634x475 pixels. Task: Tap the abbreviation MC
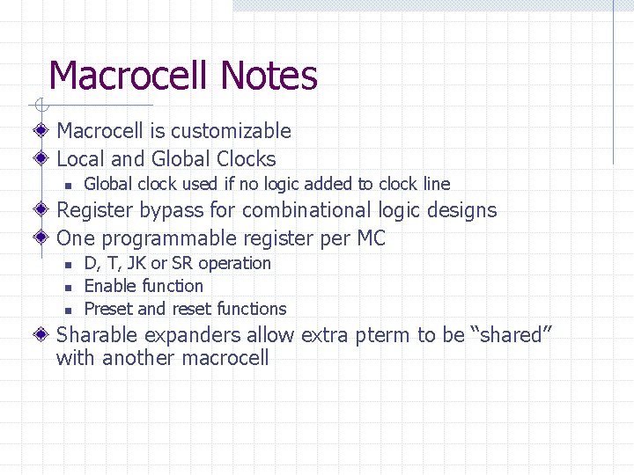(x=371, y=238)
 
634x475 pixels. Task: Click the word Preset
(x=108, y=309)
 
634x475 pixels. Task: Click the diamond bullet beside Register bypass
(x=41, y=210)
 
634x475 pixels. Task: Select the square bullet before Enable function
(x=67, y=287)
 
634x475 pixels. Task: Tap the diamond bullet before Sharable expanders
(x=41, y=334)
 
